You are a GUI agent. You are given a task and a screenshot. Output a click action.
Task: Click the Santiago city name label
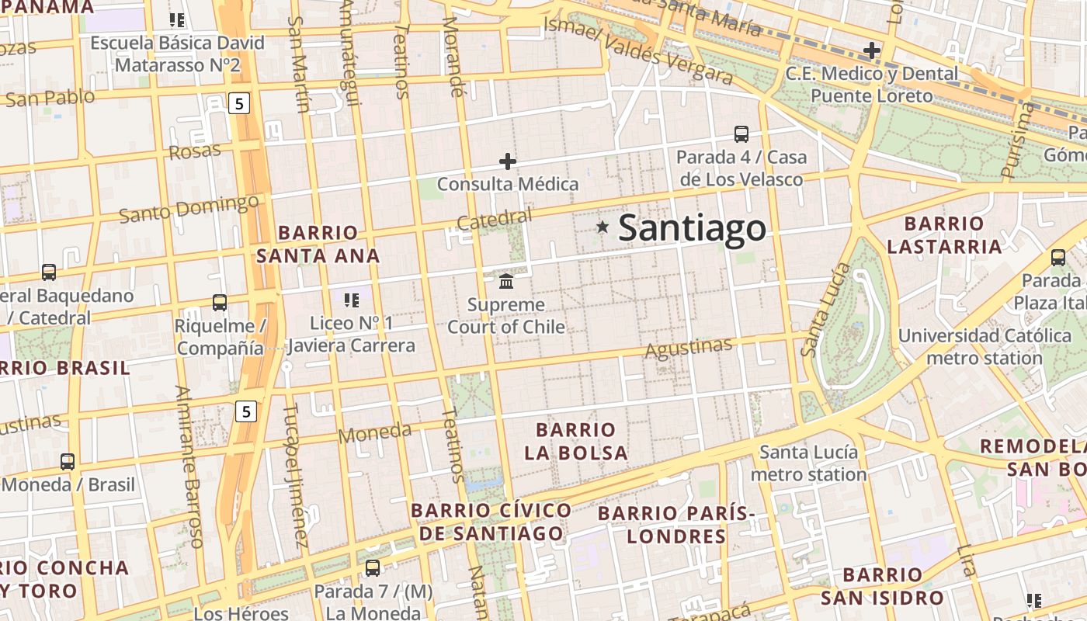[692, 228]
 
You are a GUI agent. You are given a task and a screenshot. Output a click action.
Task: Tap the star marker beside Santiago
[603, 227]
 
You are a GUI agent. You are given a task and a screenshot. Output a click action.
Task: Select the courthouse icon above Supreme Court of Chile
[506, 280]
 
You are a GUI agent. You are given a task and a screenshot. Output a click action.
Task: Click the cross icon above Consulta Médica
[507, 161]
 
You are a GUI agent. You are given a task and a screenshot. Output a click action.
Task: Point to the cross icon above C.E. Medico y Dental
[872, 51]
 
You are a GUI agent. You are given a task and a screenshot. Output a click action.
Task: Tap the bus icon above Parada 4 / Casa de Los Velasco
[741, 134]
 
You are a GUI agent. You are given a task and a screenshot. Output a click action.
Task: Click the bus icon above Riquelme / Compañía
[220, 303]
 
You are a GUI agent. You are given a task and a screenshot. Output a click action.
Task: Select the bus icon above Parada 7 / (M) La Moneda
[373, 568]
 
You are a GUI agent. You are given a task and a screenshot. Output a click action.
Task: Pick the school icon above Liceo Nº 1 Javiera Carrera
[351, 300]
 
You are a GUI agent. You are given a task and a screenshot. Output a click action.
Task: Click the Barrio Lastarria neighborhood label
[944, 235]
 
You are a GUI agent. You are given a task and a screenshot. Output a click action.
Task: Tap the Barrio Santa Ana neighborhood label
[318, 244]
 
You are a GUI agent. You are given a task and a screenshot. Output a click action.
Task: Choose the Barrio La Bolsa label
[576, 441]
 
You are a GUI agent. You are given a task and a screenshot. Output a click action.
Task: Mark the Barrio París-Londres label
[676, 525]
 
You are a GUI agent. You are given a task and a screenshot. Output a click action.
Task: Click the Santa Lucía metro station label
[808, 463]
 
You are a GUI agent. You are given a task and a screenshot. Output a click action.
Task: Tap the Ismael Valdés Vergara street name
[637, 50]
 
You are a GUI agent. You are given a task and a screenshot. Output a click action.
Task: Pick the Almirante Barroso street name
[189, 466]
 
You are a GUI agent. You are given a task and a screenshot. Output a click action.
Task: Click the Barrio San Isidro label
[882, 586]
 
